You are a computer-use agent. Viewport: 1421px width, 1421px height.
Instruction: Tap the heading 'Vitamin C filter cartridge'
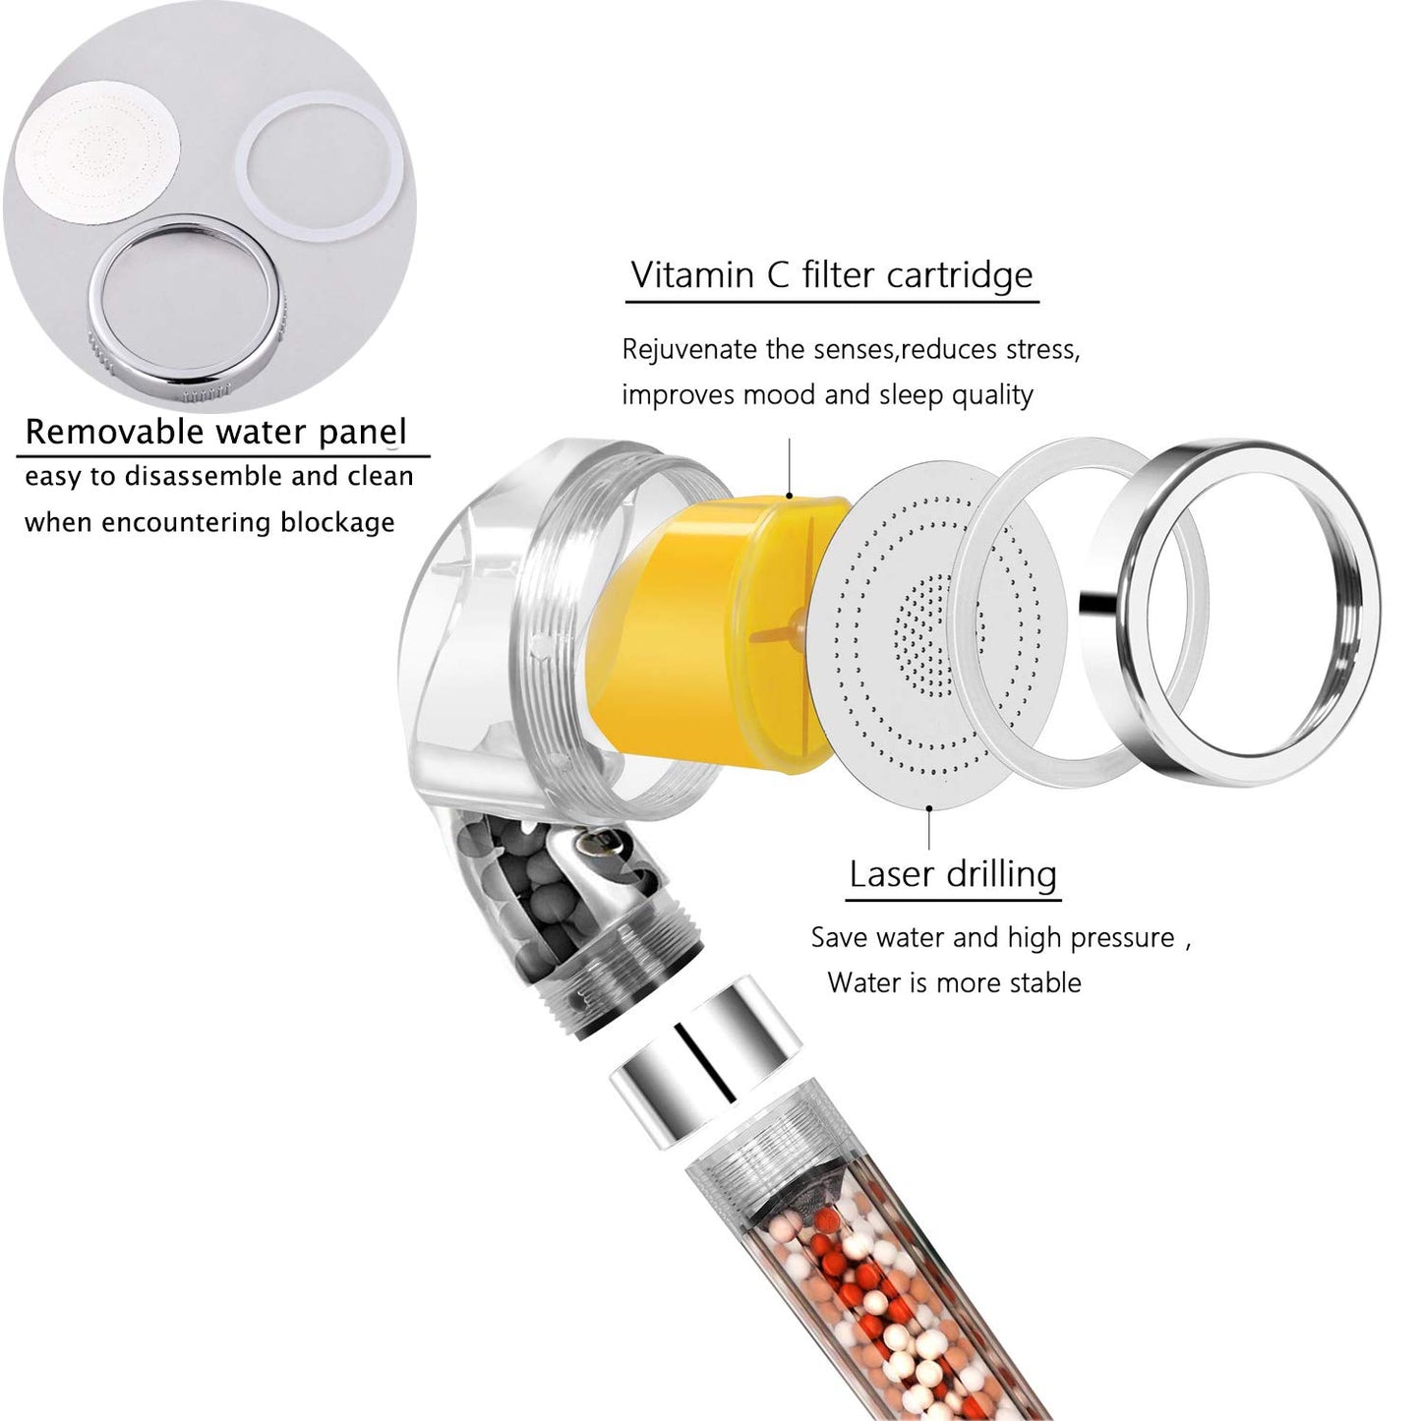(x=832, y=274)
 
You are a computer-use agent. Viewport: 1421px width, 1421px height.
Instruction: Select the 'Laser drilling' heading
(x=953, y=873)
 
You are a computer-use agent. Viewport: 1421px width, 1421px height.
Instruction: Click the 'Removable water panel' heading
(x=215, y=432)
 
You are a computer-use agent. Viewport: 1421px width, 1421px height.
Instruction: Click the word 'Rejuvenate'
(x=689, y=349)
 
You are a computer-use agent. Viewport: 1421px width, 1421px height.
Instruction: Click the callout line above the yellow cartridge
(x=790, y=467)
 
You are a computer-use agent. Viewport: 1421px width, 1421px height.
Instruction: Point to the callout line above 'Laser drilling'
(x=929, y=826)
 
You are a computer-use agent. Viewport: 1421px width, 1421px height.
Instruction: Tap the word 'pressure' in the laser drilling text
(x=1122, y=938)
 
